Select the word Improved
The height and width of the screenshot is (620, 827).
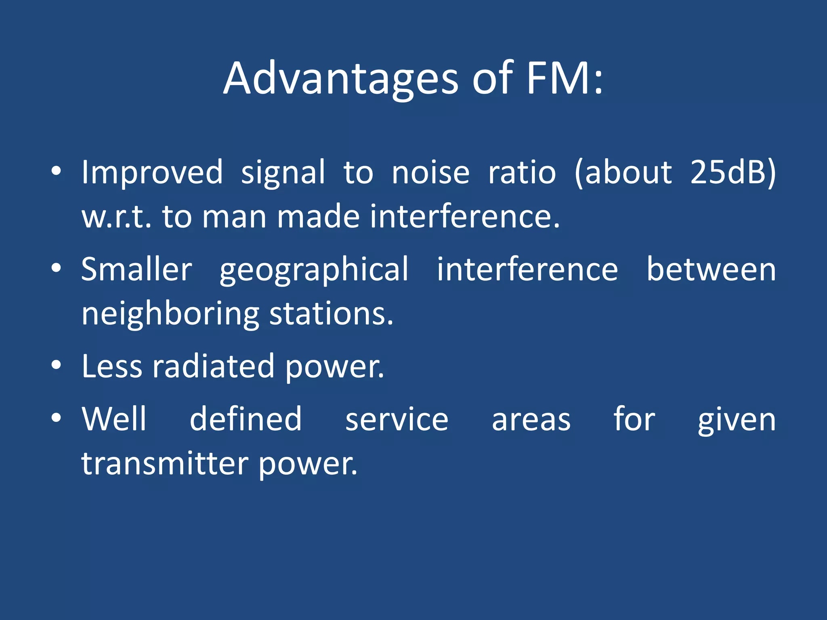(152, 172)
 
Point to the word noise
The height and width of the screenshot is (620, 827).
(430, 172)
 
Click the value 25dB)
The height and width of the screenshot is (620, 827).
(733, 172)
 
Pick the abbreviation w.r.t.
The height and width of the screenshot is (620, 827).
(117, 217)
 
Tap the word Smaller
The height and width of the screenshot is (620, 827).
(137, 269)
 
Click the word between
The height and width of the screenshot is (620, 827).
(711, 269)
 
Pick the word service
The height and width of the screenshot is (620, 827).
(397, 419)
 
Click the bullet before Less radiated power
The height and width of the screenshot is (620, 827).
(56, 365)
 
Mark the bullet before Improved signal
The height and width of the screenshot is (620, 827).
(56, 171)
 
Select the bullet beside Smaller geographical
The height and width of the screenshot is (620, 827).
(56, 268)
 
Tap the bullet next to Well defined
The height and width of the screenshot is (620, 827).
(56, 418)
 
